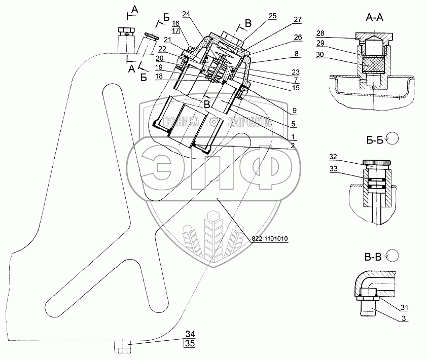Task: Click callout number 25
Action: pos(272,16)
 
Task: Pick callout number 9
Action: pos(294,110)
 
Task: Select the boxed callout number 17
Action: pos(176,31)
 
